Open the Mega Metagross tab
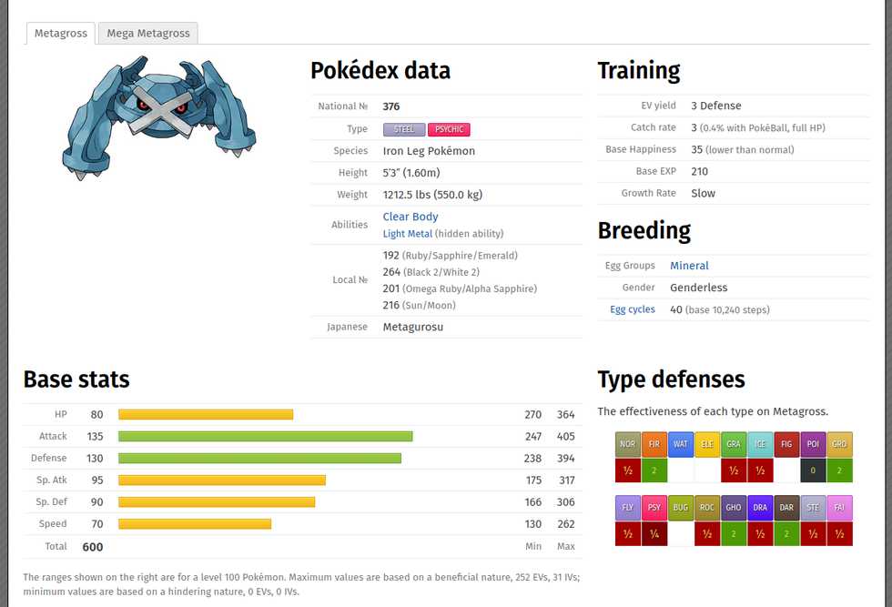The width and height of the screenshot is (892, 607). [148, 34]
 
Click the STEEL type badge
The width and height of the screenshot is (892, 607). [403, 129]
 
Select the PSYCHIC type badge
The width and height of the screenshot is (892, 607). [449, 129]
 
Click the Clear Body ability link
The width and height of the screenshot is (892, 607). [411, 217]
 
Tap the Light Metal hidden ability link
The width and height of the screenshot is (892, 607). [407, 234]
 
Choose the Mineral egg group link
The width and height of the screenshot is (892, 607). [689, 266]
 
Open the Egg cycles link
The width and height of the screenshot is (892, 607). [633, 309]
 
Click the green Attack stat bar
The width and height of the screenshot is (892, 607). [265, 437]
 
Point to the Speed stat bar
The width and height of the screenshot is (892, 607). [195, 524]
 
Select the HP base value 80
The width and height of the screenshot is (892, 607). [96, 415]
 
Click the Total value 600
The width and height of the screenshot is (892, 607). [93, 547]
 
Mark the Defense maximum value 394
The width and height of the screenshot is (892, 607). [566, 459]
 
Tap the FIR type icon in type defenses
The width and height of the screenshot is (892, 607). [654, 445]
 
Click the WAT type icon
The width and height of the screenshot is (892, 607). [680, 445]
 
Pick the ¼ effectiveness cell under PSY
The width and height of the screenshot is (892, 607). [654, 534]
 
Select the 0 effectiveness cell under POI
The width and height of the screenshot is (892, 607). [814, 470]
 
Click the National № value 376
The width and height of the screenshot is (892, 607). [391, 106]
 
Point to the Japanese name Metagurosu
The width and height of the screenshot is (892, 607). [412, 327]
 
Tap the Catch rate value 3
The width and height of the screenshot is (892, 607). [694, 127]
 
